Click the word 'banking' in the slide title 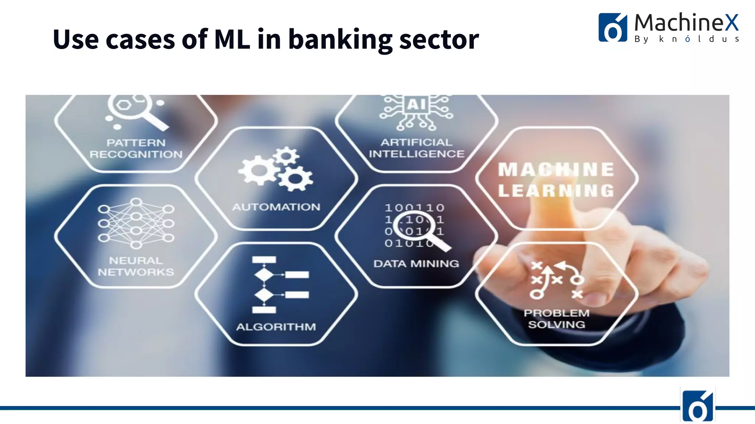tap(340, 40)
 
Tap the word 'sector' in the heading tap(439, 40)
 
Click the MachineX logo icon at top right tap(612, 28)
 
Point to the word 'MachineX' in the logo tap(686, 22)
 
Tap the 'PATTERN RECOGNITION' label tap(136, 148)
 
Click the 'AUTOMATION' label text tap(276, 207)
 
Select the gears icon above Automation tap(276, 169)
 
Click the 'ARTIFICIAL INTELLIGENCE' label tap(417, 148)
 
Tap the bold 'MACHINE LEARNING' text tap(556, 180)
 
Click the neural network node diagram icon tap(136, 223)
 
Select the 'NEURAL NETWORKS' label tap(136, 266)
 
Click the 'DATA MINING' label tap(416, 264)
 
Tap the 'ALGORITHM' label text tap(276, 327)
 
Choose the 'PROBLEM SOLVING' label tap(556, 319)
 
